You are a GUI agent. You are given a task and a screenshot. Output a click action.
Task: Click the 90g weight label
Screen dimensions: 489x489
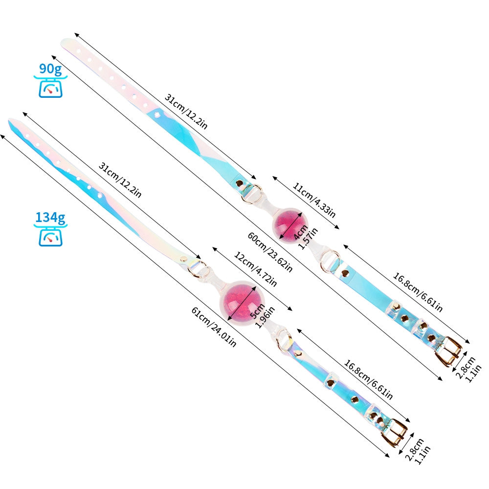(x=51, y=69)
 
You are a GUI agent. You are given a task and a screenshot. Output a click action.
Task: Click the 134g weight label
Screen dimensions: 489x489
(x=51, y=218)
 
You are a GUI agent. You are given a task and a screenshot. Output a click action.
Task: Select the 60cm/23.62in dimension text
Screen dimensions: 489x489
(x=270, y=252)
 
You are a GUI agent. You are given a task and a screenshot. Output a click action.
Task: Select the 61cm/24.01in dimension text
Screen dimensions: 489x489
(x=214, y=327)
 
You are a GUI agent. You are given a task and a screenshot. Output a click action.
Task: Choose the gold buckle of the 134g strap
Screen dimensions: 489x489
(x=395, y=431)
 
